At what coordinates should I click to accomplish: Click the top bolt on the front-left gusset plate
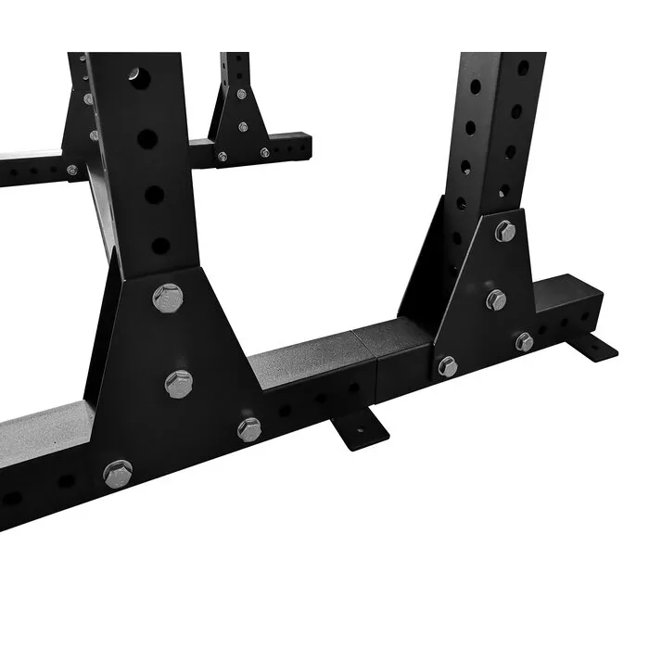click(167, 298)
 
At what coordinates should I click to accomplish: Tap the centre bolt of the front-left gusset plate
click(179, 383)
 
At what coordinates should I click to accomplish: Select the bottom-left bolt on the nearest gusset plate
click(118, 473)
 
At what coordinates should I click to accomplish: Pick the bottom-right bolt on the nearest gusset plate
click(249, 428)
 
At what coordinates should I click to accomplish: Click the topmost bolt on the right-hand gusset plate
click(505, 231)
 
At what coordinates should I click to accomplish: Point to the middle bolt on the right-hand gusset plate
click(497, 299)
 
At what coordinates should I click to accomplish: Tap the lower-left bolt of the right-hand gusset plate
click(448, 366)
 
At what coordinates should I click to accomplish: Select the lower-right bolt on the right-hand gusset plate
click(525, 341)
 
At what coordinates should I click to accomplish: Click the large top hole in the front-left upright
click(138, 73)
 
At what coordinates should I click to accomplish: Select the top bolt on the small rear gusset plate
click(241, 95)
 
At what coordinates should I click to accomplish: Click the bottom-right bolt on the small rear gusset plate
click(265, 151)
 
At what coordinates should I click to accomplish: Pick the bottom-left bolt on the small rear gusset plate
click(222, 157)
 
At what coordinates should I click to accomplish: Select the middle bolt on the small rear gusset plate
click(243, 127)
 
